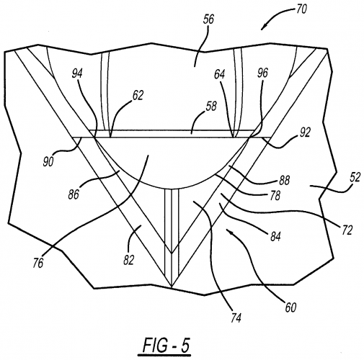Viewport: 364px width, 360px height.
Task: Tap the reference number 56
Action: click(208, 19)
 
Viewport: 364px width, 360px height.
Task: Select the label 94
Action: click(77, 73)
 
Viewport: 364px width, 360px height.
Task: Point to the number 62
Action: click(138, 95)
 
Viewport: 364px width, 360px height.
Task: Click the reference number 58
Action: click(211, 106)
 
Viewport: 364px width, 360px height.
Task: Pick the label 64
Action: click(220, 75)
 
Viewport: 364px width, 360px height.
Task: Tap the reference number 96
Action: click(262, 73)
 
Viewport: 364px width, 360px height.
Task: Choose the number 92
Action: click(305, 132)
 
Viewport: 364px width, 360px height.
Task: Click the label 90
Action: click(48, 162)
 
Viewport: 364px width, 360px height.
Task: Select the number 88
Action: click(284, 181)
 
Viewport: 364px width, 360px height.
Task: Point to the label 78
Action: click(275, 196)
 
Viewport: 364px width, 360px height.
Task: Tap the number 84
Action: click(275, 237)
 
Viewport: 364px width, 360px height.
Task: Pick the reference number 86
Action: click(74, 194)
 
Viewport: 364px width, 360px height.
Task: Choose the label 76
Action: click(38, 263)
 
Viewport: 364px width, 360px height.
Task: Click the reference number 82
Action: click(128, 260)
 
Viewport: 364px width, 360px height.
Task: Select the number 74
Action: click(236, 318)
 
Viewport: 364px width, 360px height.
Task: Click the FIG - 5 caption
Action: click(166, 346)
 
